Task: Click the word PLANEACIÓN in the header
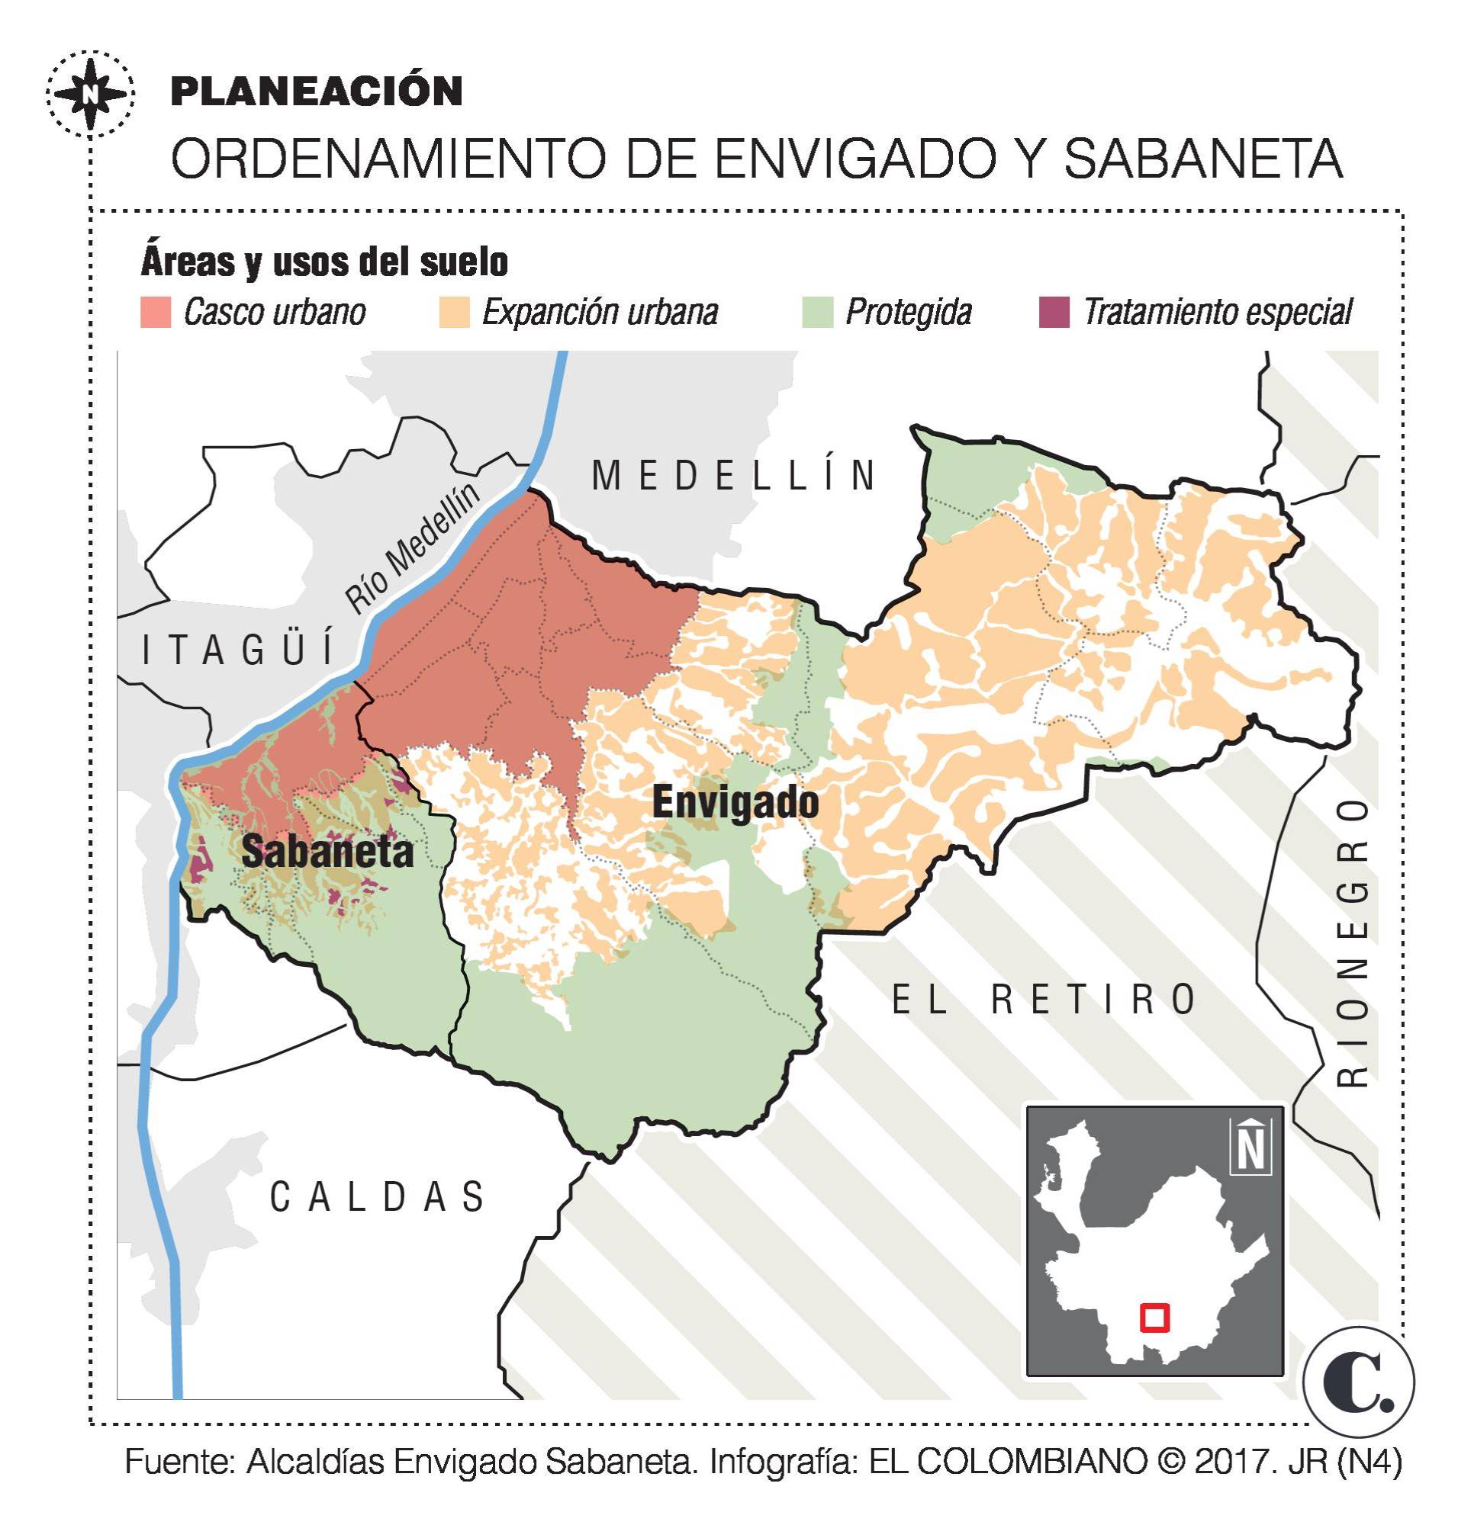pos(316,91)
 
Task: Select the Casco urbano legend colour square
pos(156,313)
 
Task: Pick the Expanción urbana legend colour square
pos(454,313)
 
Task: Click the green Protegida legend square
pos(817,313)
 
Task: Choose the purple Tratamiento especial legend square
pos(1054,313)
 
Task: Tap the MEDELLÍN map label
pos(735,476)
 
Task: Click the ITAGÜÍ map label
pos(239,650)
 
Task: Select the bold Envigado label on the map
pos(735,801)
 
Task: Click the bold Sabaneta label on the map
pos(327,852)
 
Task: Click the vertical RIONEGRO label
pos(1352,942)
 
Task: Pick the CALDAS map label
pos(378,1196)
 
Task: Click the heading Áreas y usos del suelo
pos(324,262)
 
